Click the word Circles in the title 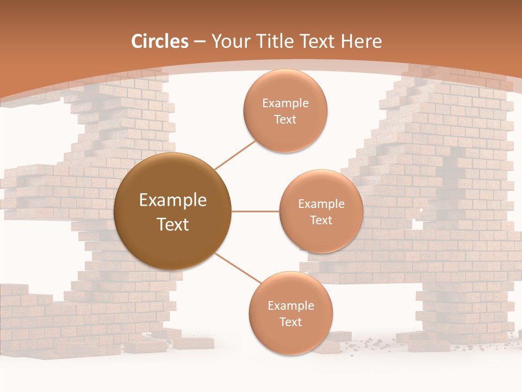(x=160, y=41)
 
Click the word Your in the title (x=229, y=41)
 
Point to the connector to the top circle (x=235, y=155)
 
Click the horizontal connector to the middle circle (x=255, y=211)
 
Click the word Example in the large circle (x=173, y=200)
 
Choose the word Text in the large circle (x=173, y=224)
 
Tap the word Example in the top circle (x=285, y=103)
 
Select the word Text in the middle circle (x=321, y=220)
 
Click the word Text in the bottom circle (x=290, y=322)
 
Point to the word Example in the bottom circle (x=290, y=306)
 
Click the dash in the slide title (x=200, y=41)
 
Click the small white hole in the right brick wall (x=420, y=210)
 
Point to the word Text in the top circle (x=285, y=120)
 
